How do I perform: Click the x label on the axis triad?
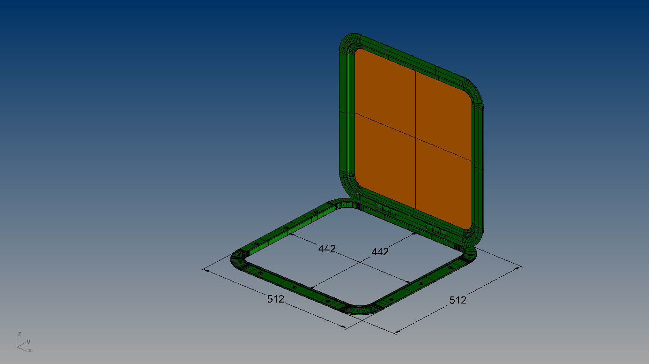30,350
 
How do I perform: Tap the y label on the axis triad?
28,341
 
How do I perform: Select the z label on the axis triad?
19,334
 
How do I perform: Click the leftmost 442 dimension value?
327,249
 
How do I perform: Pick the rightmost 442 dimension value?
380,252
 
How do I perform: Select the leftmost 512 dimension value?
276,299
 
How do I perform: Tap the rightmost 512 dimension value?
457,300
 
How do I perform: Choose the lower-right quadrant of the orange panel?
442,188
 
